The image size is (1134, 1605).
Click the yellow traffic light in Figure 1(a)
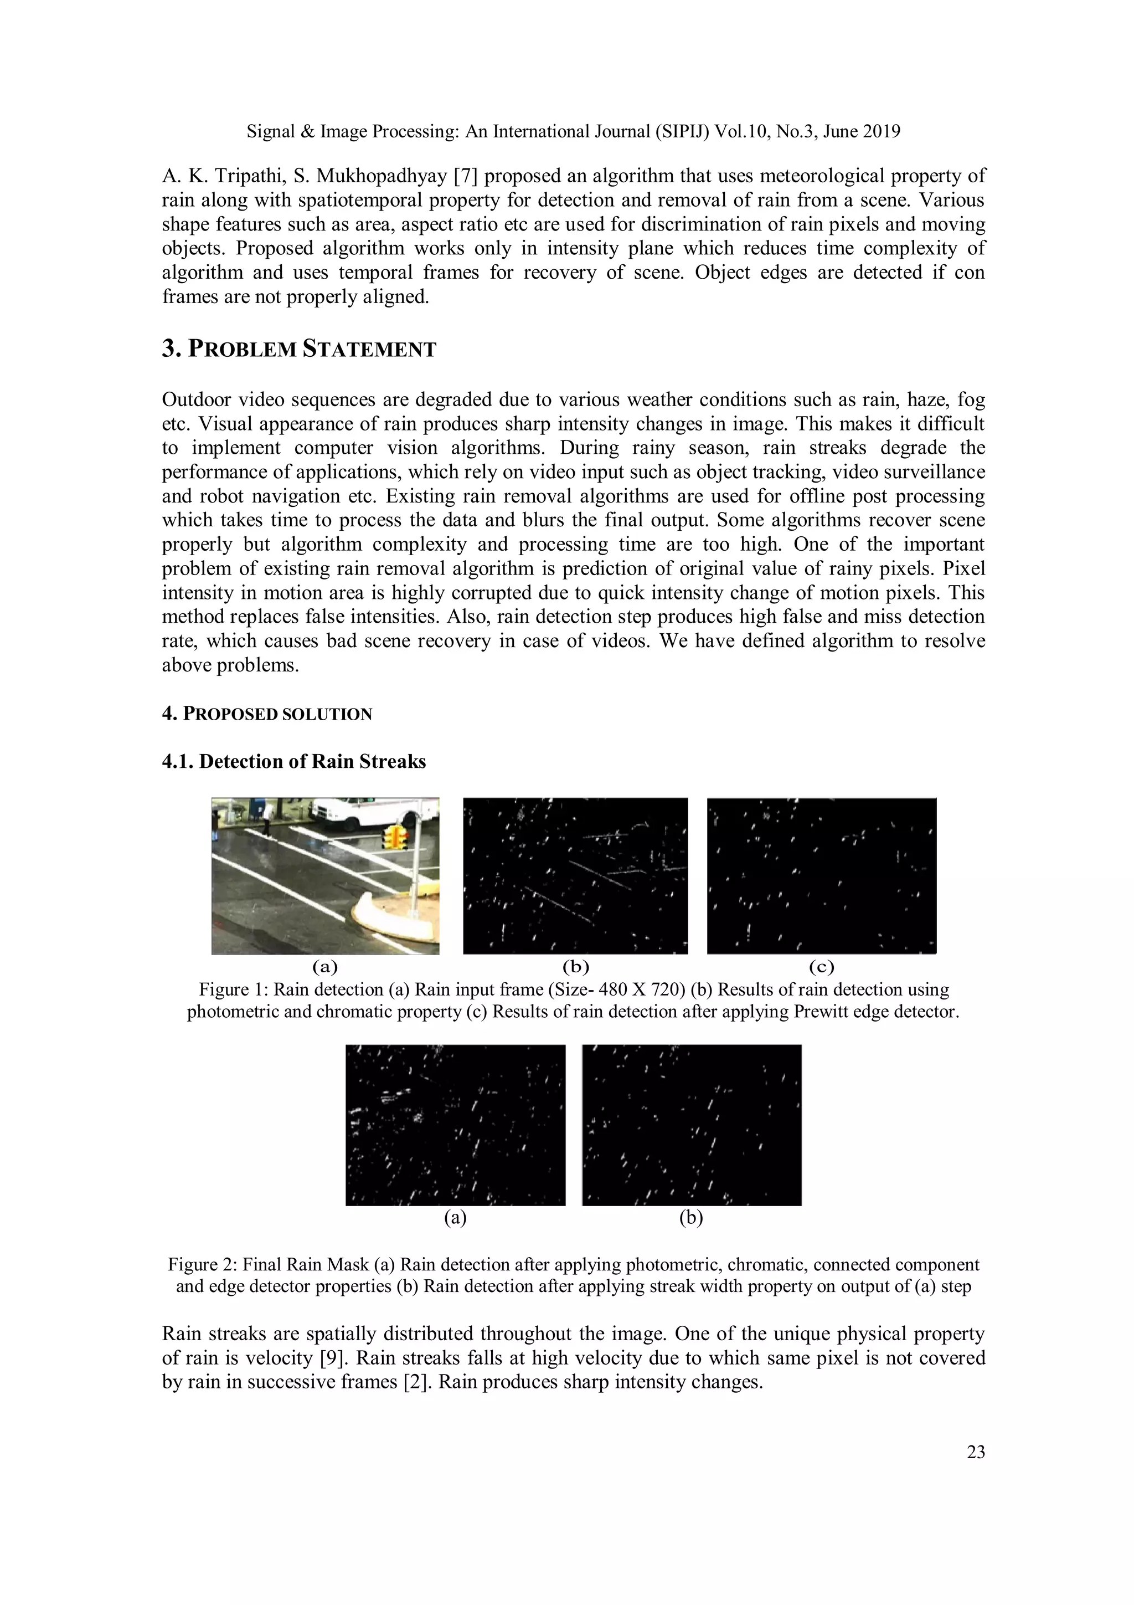[395, 836]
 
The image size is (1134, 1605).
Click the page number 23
[976, 1452]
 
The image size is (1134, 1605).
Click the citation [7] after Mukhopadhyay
[465, 176]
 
